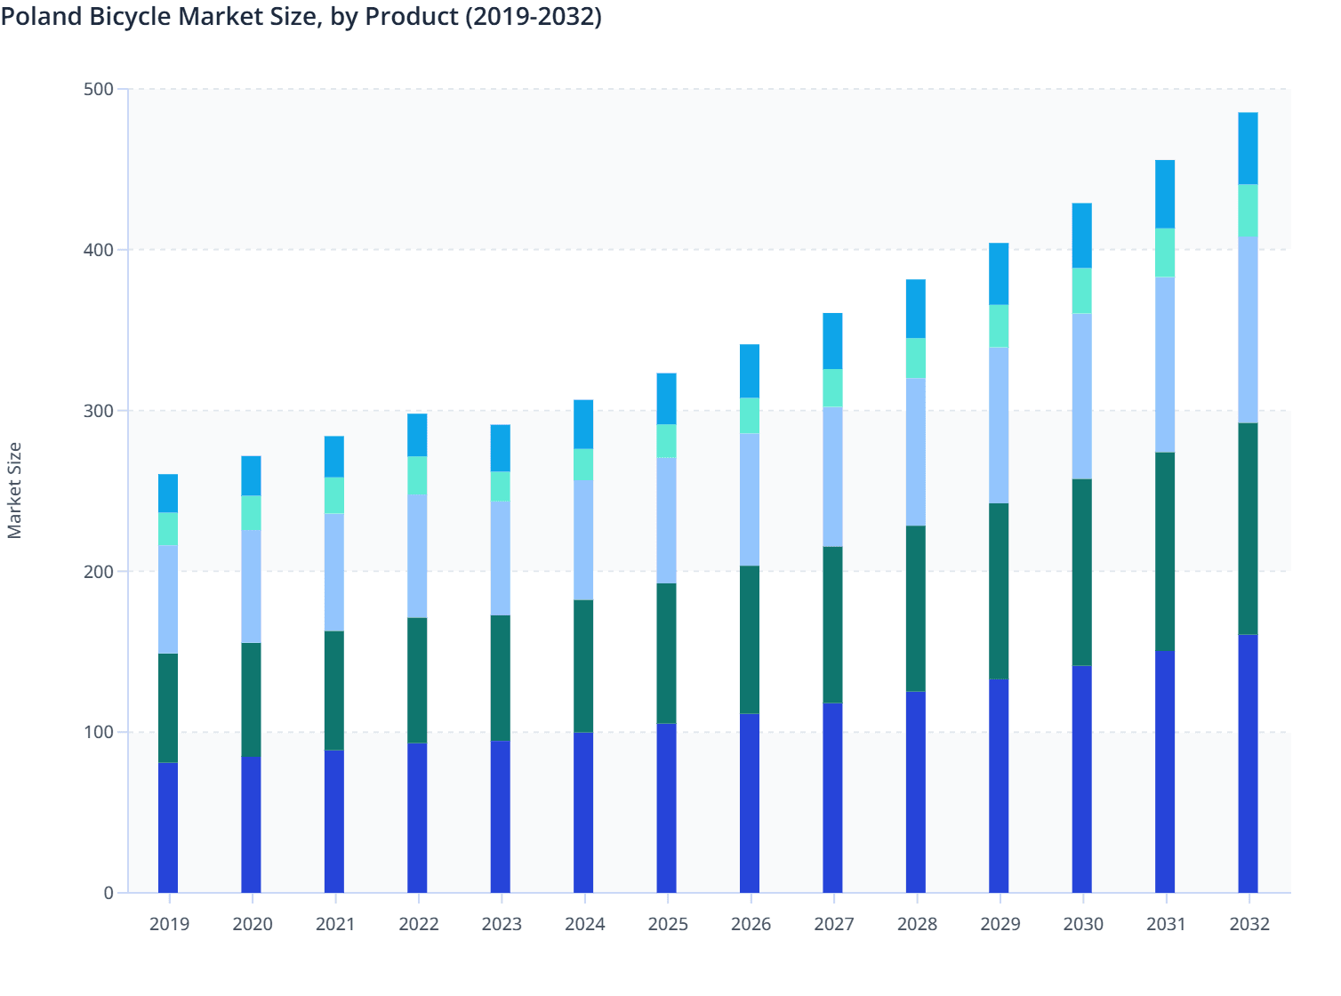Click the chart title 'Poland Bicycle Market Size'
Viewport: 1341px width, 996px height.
(301, 16)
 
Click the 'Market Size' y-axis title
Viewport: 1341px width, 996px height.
(14, 490)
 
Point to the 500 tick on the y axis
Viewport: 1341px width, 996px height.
(99, 89)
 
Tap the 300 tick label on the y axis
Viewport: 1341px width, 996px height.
(99, 411)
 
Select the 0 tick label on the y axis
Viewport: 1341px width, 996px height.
(108, 893)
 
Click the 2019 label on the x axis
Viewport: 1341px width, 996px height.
(169, 924)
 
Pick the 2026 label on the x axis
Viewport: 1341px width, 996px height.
(751, 924)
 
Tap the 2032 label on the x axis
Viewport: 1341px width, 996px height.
(1249, 924)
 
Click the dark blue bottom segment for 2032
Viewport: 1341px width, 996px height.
(1248, 763)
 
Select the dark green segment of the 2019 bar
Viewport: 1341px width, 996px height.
(168, 708)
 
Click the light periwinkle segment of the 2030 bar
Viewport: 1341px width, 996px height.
(1081, 396)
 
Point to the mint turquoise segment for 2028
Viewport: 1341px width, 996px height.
(916, 358)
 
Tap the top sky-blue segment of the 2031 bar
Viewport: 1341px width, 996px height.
(1165, 194)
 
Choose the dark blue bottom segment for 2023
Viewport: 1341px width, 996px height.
(500, 816)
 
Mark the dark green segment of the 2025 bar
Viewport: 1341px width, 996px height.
(666, 653)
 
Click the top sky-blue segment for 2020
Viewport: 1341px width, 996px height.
(251, 476)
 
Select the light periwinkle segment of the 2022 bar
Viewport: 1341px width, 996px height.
(417, 556)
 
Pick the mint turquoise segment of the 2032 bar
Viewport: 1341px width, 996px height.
(1248, 210)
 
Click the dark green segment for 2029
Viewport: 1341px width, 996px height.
(999, 590)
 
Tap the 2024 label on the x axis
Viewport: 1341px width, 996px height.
(584, 924)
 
